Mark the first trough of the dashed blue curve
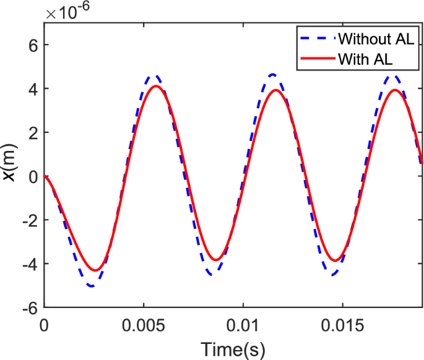(92, 286)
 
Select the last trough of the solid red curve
(335, 260)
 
